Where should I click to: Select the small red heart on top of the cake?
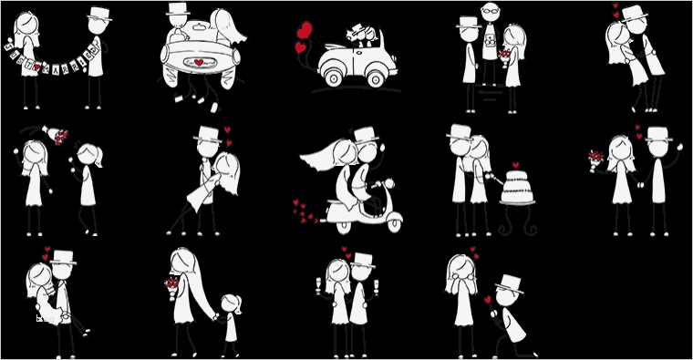[x=516, y=165]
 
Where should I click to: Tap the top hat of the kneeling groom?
[x=509, y=282]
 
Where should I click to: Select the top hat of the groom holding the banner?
[x=98, y=14]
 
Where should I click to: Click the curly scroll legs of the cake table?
[x=517, y=222]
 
